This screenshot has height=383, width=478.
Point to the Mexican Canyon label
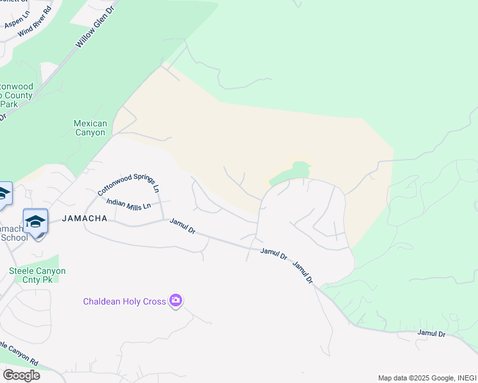90,128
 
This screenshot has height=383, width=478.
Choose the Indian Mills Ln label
128,204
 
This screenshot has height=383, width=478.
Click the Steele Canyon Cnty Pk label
37,275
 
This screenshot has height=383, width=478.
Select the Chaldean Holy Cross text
124,301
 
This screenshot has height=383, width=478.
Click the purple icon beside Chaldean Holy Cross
176,301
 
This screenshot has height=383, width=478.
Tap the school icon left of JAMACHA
36,222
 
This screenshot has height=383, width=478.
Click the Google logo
21,375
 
